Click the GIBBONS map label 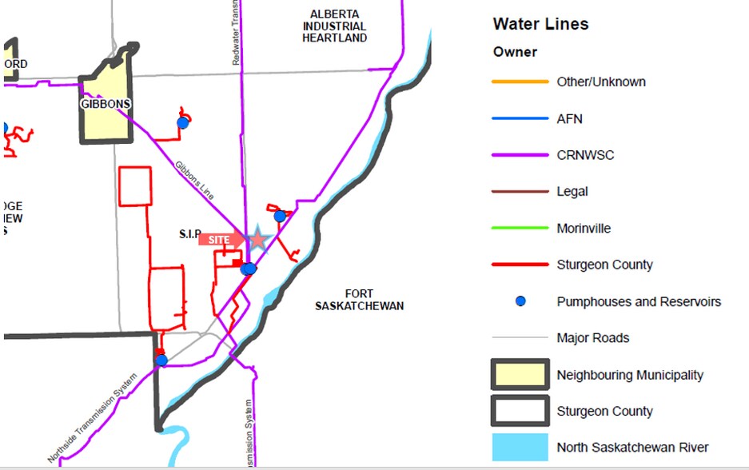106,104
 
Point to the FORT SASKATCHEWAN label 359,300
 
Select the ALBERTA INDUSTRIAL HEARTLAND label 335,26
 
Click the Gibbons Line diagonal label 195,178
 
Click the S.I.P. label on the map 191,235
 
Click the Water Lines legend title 540,24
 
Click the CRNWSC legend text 585,155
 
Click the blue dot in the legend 520,301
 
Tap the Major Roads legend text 592,338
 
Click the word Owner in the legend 515,52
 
